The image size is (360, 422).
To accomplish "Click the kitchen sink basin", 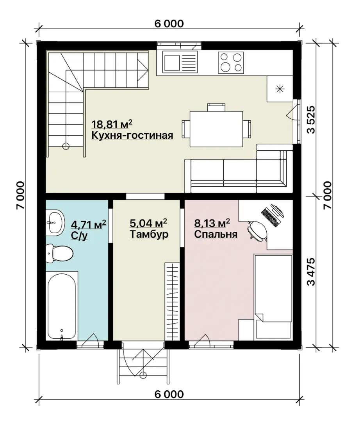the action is [172, 63].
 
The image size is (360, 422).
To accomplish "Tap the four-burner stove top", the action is [231, 63].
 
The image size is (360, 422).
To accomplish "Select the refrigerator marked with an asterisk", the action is [280, 89].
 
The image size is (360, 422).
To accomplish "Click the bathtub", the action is [62, 306].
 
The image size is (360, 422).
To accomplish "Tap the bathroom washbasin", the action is [55, 223].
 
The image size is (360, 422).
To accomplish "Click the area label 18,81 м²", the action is [112, 124].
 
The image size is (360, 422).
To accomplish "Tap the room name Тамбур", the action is [149, 234].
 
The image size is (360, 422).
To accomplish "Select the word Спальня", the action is [216, 234].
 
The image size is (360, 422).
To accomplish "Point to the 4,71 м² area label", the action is [89, 224].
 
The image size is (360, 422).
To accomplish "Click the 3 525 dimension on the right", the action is [311, 120].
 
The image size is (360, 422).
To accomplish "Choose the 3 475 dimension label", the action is [311, 272].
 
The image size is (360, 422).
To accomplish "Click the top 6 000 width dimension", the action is [169, 24].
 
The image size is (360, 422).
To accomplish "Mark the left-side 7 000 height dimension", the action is [21, 195].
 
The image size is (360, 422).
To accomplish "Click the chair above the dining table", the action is [216, 107].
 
